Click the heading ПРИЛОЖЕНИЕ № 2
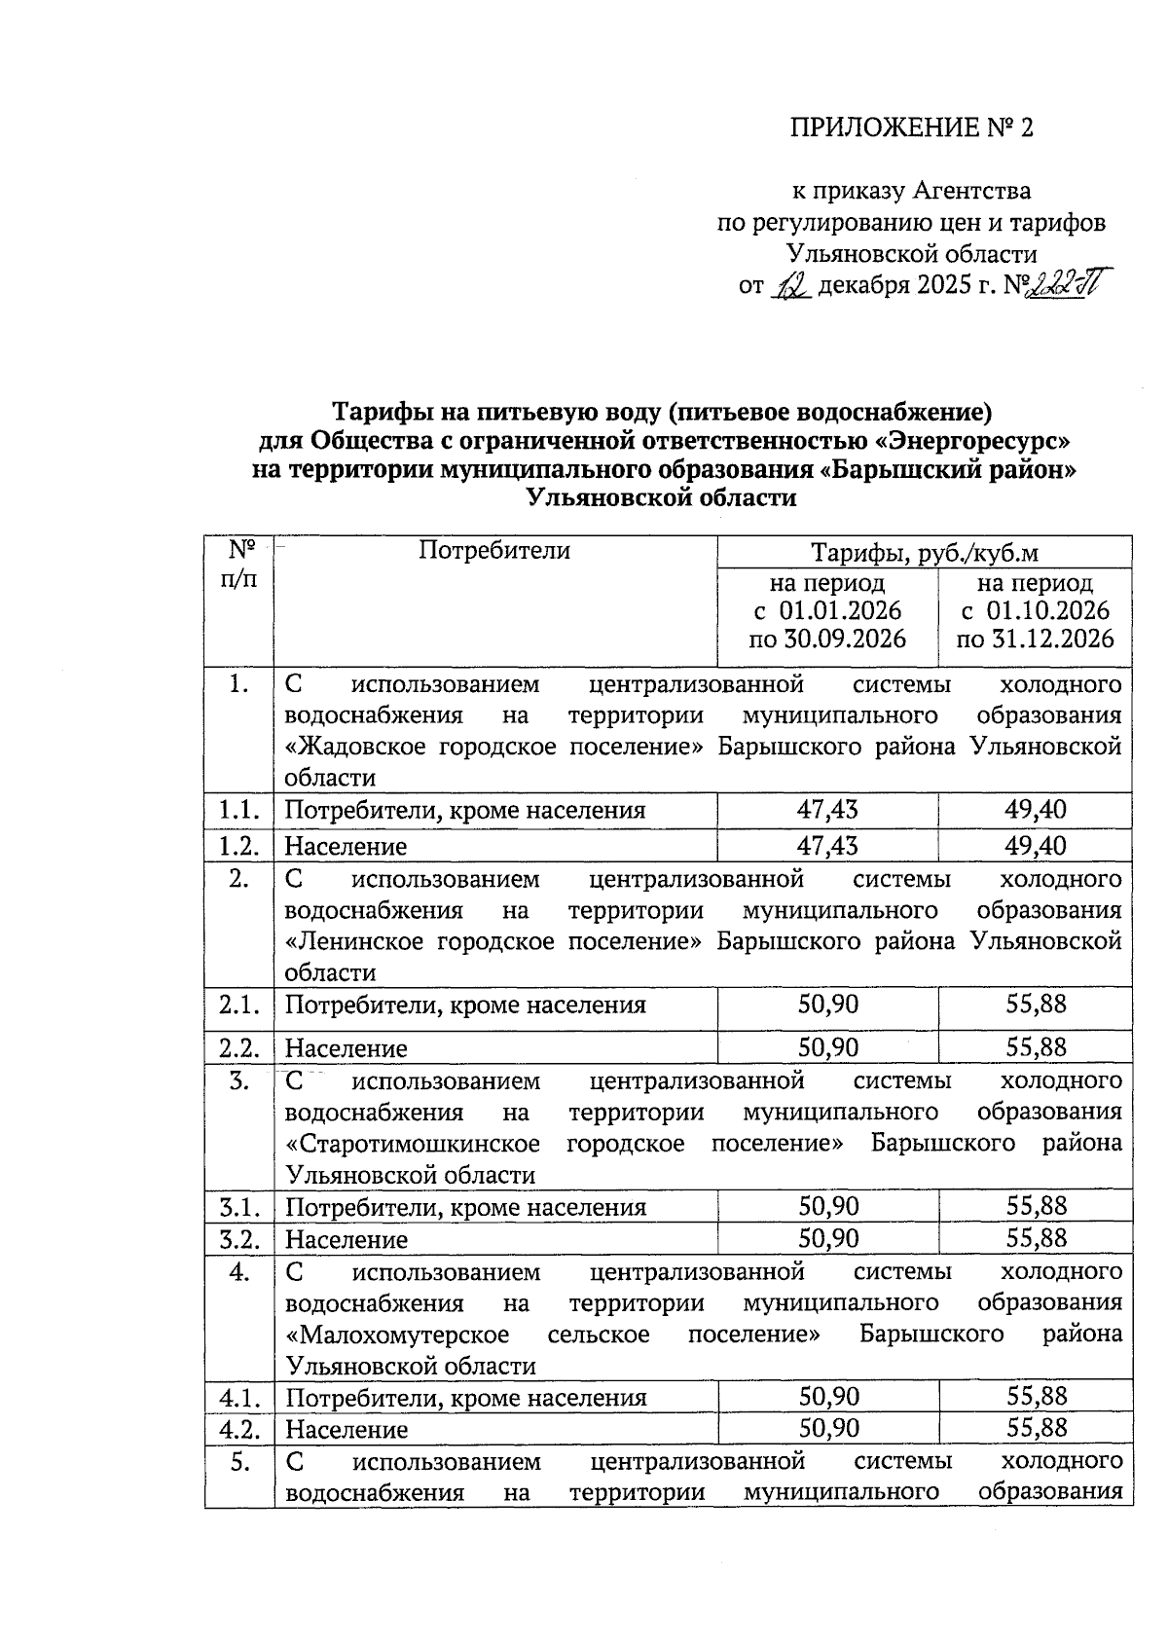[910, 128]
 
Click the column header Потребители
[494, 551]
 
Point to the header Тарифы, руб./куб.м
[924, 554]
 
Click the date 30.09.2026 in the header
[827, 640]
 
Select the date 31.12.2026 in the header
[1035, 640]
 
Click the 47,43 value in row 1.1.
[827, 811]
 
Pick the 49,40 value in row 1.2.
[1036, 846]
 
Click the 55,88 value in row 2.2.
[1037, 1047]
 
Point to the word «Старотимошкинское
[413, 1143]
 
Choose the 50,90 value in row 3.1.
[828, 1207]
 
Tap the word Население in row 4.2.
[346, 1430]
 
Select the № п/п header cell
[239, 565]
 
